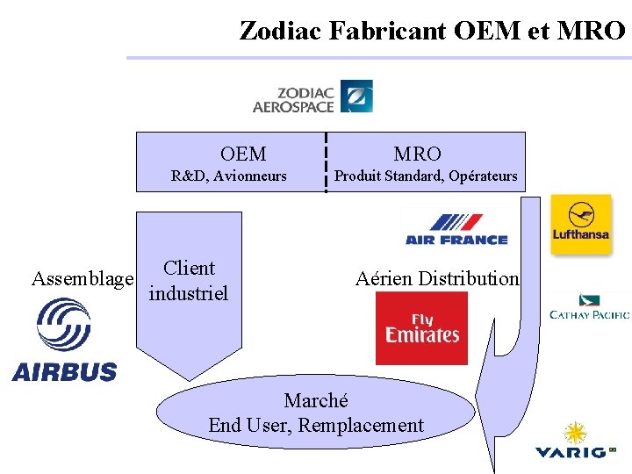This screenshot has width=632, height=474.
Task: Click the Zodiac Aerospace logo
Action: pyautogui.click(x=312, y=97)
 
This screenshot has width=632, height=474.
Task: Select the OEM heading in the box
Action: pyautogui.click(x=243, y=154)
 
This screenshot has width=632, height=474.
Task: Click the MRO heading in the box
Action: pyautogui.click(x=417, y=154)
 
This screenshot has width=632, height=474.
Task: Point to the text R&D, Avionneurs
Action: pyautogui.click(x=229, y=176)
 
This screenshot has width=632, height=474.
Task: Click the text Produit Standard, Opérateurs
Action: pyautogui.click(x=426, y=176)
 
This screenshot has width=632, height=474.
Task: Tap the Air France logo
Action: pyautogui.click(x=456, y=228)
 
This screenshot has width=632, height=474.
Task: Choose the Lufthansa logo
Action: pyautogui.click(x=580, y=224)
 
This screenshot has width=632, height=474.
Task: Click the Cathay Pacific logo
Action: pyautogui.click(x=589, y=308)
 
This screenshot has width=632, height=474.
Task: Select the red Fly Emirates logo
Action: pyautogui.click(x=421, y=328)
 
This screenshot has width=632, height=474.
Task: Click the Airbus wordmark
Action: pyautogui.click(x=64, y=371)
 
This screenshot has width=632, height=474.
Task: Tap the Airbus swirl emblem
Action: pyautogui.click(x=64, y=325)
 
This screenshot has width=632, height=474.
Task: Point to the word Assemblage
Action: pyautogui.click(x=83, y=279)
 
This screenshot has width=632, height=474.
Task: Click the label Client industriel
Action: pyautogui.click(x=189, y=281)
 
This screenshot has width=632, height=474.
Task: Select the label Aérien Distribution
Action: pyautogui.click(x=437, y=279)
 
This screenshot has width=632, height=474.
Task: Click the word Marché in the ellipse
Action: pyautogui.click(x=316, y=401)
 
